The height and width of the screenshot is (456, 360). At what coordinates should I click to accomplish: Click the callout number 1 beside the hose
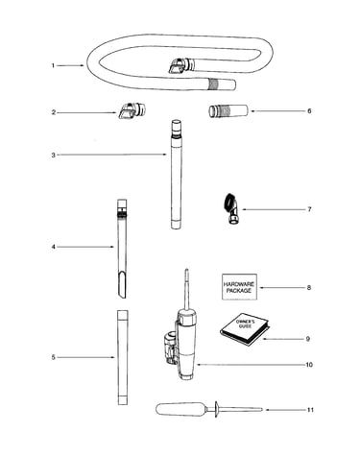(x=53, y=65)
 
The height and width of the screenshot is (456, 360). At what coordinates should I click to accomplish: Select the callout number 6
(x=309, y=111)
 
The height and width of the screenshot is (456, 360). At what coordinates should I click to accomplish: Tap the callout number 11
(x=310, y=410)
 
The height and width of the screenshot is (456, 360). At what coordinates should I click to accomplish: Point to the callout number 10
(x=309, y=365)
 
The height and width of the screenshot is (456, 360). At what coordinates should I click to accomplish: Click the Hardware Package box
(x=239, y=287)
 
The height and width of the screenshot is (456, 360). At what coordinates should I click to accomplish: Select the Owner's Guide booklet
(x=245, y=329)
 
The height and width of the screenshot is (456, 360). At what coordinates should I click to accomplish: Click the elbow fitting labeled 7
(x=232, y=209)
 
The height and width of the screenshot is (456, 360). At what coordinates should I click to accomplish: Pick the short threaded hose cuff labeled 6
(x=228, y=110)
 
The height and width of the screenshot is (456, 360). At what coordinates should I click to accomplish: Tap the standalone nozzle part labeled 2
(x=132, y=110)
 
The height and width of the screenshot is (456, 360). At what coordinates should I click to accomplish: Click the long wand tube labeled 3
(x=176, y=175)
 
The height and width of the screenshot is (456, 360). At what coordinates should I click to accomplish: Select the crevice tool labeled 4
(x=122, y=249)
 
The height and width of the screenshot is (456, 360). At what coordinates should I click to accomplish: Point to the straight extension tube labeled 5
(x=122, y=357)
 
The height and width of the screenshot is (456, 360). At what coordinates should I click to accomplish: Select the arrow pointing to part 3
(x=112, y=155)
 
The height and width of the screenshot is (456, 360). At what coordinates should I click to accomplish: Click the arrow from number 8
(x=282, y=287)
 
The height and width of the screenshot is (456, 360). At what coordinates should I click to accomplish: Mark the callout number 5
(x=54, y=357)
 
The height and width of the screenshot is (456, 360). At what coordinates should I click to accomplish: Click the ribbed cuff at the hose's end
(x=215, y=84)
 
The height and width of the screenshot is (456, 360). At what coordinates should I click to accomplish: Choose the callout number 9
(x=308, y=339)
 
